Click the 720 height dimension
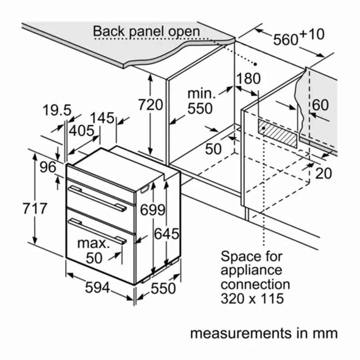150,104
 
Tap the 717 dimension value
34,208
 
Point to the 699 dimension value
152,210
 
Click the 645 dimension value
166,234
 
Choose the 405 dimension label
81,131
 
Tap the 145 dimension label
102,118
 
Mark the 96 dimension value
47,168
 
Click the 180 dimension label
249,78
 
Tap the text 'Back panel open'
146,31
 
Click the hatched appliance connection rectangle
278,133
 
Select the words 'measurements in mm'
263,333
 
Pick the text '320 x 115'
252,298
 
